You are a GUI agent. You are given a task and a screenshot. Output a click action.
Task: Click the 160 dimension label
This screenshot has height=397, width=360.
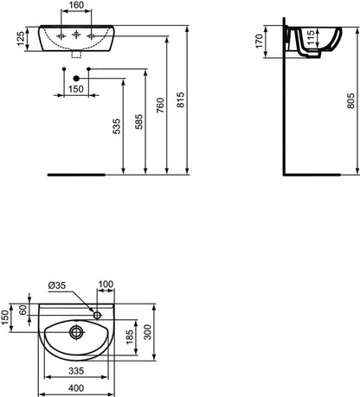tap(77, 5)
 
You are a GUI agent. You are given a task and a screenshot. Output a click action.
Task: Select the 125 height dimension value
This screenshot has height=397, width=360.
tap(21, 39)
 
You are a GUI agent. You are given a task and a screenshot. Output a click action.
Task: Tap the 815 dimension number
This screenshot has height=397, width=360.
tap(180, 100)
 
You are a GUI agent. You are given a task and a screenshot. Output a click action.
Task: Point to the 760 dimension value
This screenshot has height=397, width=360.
tap(160, 106)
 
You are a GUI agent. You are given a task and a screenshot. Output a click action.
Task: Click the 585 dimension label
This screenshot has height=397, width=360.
tap(139, 122)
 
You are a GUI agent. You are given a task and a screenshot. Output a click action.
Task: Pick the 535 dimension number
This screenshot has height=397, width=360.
tap(116, 126)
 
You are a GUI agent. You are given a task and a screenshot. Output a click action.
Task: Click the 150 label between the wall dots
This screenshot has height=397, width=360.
tap(76, 89)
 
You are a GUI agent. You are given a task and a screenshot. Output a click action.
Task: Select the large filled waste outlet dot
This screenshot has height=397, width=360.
tap(76, 78)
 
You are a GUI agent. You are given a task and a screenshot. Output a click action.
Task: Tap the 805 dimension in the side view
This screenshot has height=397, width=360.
tap(350, 100)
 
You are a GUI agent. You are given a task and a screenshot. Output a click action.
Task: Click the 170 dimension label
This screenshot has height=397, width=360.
tap(260, 41)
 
